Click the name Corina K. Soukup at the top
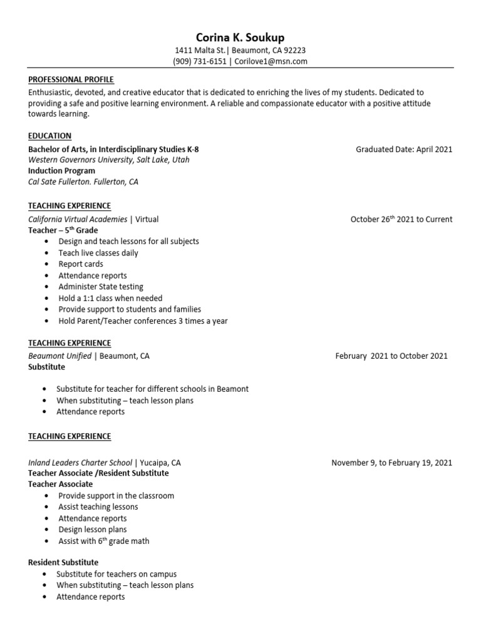[x=240, y=38]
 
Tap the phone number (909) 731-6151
[x=200, y=61]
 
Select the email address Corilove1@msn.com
[x=271, y=61]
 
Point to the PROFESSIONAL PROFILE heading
[x=71, y=79]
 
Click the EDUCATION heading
[x=49, y=136]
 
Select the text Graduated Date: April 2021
[x=403, y=150]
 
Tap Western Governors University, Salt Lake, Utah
[x=108, y=160]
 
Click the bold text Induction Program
[x=61, y=171]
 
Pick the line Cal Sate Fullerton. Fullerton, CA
[x=83, y=182]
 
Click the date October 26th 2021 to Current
[x=401, y=219]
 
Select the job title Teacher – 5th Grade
[x=63, y=230]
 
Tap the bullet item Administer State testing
[x=101, y=287]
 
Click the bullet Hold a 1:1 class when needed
[x=110, y=298]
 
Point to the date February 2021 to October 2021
[x=391, y=356]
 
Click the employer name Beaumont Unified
[x=59, y=356]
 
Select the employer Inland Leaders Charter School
[x=80, y=463]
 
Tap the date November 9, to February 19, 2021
[x=391, y=463]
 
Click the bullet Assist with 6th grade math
[x=104, y=541]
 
